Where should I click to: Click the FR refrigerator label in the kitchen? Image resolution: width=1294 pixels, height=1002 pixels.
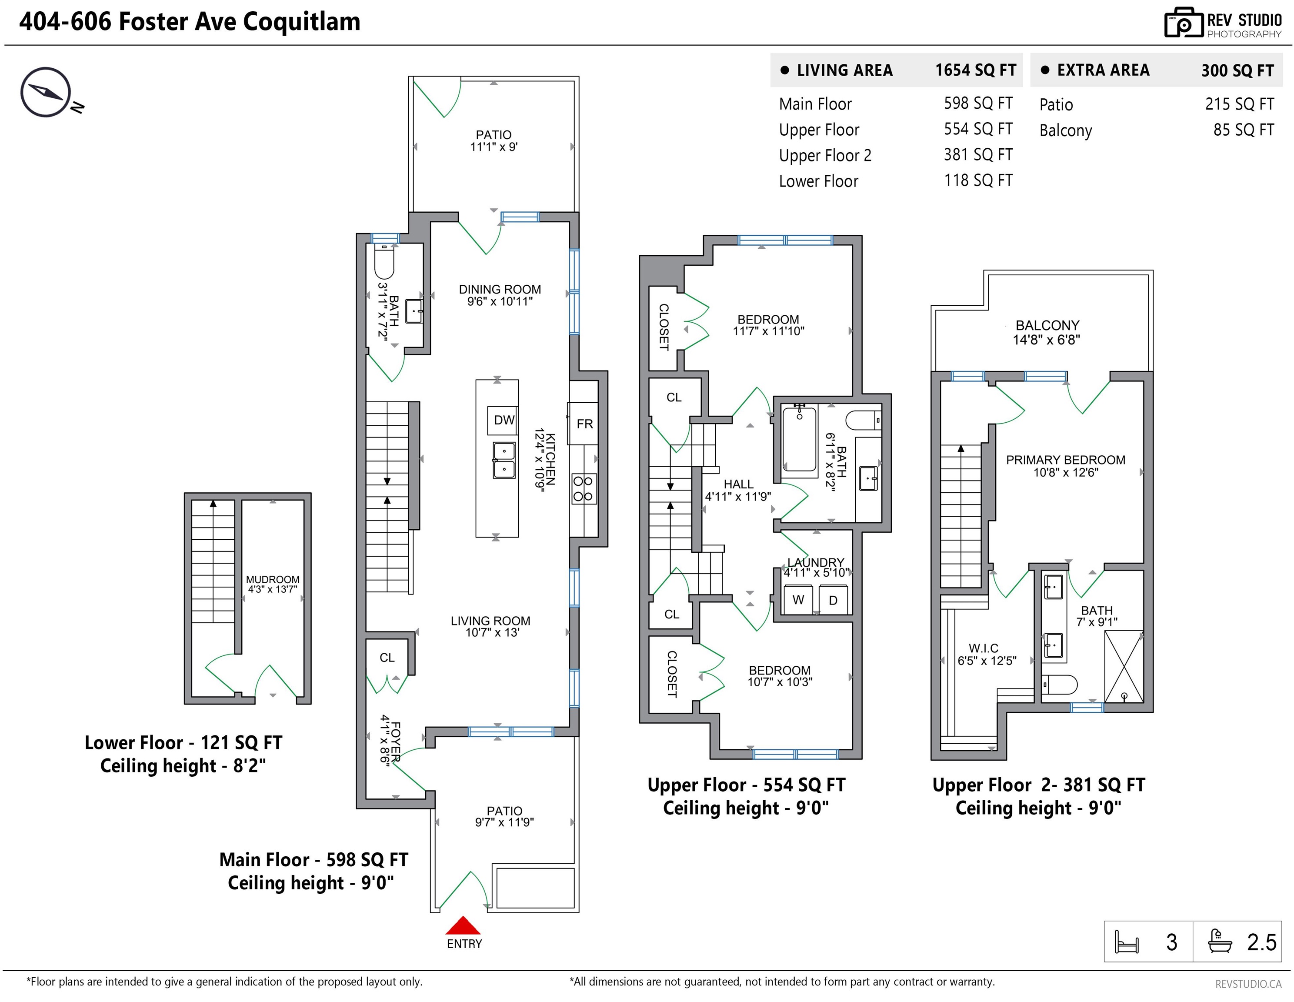click(585, 424)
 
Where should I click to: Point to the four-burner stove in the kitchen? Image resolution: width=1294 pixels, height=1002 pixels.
click(584, 489)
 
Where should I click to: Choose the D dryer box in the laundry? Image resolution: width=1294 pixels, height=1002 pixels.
click(833, 600)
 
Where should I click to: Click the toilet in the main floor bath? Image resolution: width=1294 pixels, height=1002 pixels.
click(384, 261)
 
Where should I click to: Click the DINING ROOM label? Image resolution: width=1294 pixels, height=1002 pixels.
click(500, 289)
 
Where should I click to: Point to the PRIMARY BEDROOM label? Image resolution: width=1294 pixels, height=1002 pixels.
click(1065, 460)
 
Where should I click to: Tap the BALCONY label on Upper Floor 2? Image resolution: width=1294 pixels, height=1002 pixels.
click(1047, 325)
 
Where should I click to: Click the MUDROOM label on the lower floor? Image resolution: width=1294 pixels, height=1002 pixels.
click(273, 580)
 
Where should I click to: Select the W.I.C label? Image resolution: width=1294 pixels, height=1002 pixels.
click(984, 648)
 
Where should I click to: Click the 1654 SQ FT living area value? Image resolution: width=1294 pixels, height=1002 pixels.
click(975, 70)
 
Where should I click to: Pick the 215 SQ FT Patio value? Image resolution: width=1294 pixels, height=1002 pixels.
click(1239, 104)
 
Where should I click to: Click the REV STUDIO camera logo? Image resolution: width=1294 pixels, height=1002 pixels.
click(1183, 23)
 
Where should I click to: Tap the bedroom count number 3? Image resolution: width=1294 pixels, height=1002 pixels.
click(1171, 942)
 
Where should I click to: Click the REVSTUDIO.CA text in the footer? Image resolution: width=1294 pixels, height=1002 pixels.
click(1248, 984)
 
